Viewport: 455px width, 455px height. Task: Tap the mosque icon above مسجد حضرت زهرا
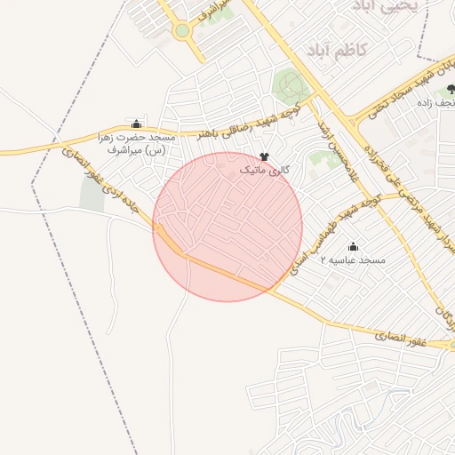point(136,124)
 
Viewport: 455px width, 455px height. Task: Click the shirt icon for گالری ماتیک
point(265,156)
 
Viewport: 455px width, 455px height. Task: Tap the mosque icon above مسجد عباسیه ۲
point(354,246)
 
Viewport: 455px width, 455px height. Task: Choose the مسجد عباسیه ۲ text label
point(354,259)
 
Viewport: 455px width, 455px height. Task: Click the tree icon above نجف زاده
point(451,89)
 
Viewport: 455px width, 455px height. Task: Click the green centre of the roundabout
point(182,31)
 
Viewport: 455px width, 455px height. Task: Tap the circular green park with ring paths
point(289,86)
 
